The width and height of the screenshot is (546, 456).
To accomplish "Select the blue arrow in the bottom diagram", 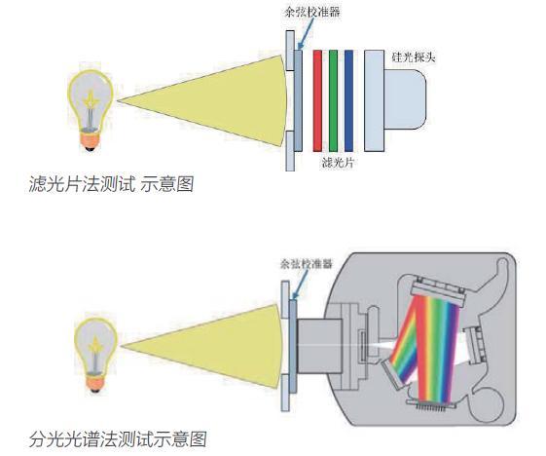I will click(x=288, y=284).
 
